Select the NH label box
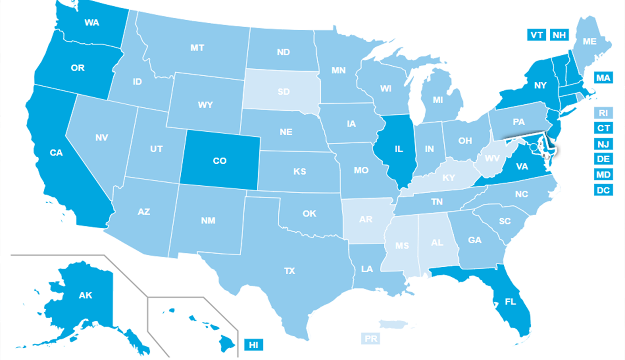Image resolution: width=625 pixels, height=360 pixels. pyautogui.click(x=558, y=35)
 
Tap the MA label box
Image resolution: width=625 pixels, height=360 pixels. pyautogui.click(x=603, y=78)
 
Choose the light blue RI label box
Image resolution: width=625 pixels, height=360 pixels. pyautogui.click(x=603, y=113)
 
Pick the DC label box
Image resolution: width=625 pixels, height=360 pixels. pyautogui.click(x=603, y=190)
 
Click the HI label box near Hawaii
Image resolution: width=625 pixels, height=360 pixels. pyautogui.click(x=253, y=345)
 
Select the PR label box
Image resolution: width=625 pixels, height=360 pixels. pyautogui.click(x=370, y=339)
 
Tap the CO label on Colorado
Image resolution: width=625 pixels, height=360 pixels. pyautogui.click(x=220, y=161)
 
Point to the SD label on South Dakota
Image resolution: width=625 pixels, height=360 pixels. pyautogui.click(x=283, y=92)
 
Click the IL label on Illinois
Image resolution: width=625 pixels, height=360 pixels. pyautogui.click(x=398, y=149)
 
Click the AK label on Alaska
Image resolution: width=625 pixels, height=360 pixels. pyautogui.click(x=85, y=295)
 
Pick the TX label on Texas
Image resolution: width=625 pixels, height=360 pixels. pyautogui.click(x=289, y=271)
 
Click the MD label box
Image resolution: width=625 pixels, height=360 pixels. pyautogui.click(x=603, y=175)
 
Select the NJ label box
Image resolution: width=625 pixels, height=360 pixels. pyautogui.click(x=603, y=144)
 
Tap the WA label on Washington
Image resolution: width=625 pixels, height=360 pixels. pyautogui.click(x=92, y=23)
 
